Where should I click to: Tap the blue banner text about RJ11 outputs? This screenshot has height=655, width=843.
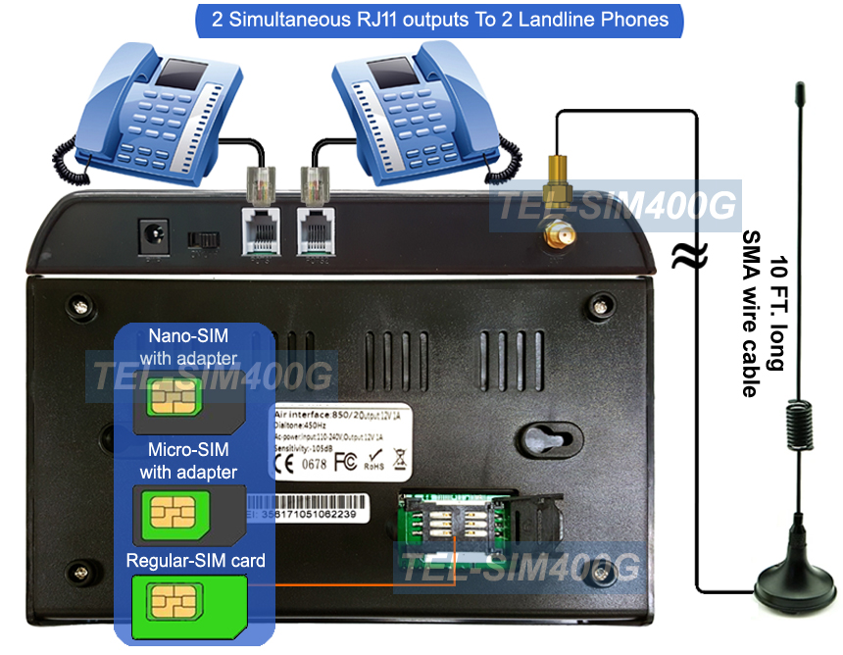pyautogui.click(x=440, y=20)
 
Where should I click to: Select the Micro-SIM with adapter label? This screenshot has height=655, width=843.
pyautogui.click(x=188, y=461)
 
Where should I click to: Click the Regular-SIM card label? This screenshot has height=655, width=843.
pyautogui.click(x=195, y=561)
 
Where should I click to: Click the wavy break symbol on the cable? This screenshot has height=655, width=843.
pyautogui.click(x=683, y=257)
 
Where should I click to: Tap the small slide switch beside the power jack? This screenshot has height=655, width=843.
pyautogui.click(x=203, y=238)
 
